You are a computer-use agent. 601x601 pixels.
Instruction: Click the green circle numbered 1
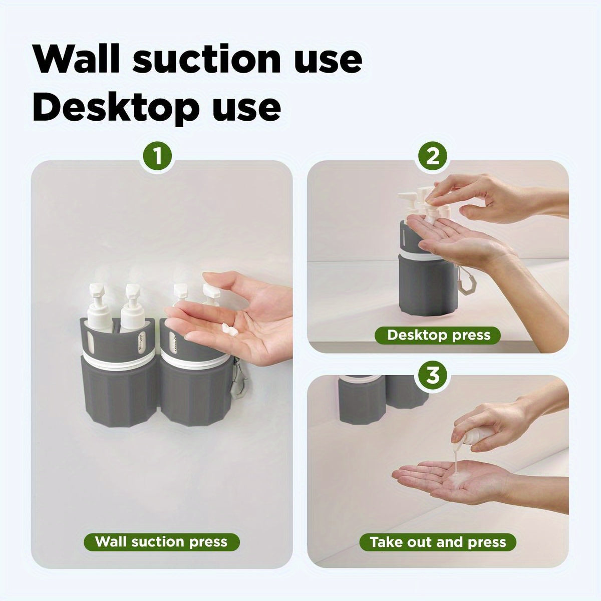click(158, 157)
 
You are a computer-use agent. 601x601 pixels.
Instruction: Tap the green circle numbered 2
click(433, 157)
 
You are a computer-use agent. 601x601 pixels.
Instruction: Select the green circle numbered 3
click(433, 376)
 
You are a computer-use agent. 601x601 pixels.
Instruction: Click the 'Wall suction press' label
click(161, 541)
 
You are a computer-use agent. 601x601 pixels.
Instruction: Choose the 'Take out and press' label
click(438, 541)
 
